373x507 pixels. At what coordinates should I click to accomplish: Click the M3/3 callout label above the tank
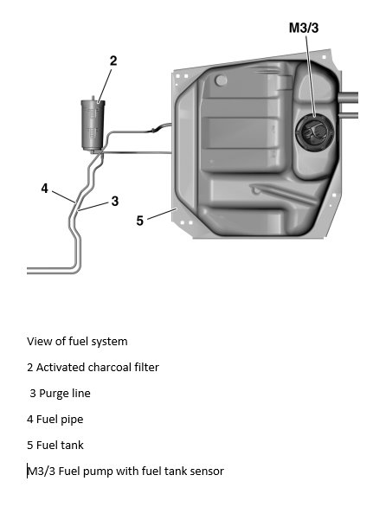[305, 28]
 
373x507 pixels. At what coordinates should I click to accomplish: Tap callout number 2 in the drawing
[113, 61]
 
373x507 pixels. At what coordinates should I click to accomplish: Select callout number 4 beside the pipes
[44, 189]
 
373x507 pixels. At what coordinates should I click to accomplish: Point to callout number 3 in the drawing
[114, 202]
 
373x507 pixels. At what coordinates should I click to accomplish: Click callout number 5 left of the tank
[139, 221]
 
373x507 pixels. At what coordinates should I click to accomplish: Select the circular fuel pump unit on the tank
[312, 132]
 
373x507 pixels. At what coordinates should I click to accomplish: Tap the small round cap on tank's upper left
[222, 80]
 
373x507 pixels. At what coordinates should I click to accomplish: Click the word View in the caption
[41, 341]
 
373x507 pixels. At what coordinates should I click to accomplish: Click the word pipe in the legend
[71, 419]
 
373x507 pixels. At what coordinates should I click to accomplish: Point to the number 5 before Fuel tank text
[30, 445]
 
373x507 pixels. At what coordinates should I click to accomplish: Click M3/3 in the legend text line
[42, 471]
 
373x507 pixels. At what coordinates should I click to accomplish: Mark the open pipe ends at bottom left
[30, 270]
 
